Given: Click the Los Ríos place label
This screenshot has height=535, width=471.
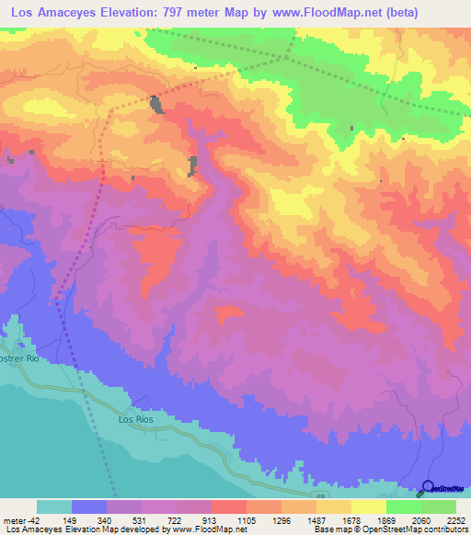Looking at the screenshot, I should coord(135,418).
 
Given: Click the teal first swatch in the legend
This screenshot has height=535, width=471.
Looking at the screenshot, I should coord(53,507).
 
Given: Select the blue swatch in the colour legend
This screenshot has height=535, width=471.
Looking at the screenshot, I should coord(89,507).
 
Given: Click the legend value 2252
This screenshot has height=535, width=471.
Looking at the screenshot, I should coord(456,521).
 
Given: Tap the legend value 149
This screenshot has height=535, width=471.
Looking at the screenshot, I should coord(71,521).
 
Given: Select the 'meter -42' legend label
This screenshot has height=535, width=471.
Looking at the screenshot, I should coord(19,521).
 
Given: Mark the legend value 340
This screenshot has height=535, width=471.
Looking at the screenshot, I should coord(106,521).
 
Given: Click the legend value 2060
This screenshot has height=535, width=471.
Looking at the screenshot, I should coord(421,521).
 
